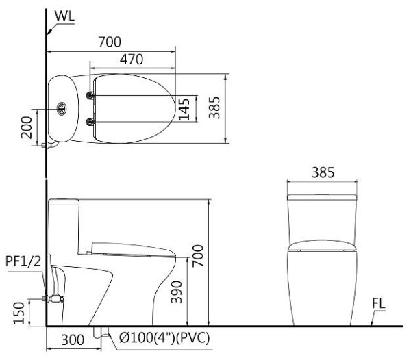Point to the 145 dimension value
click(184, 109)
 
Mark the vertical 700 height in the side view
click(198, 255)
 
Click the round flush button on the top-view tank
click(61, 107)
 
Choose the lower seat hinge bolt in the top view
click(90, 122)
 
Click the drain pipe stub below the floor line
click(103, 333)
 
